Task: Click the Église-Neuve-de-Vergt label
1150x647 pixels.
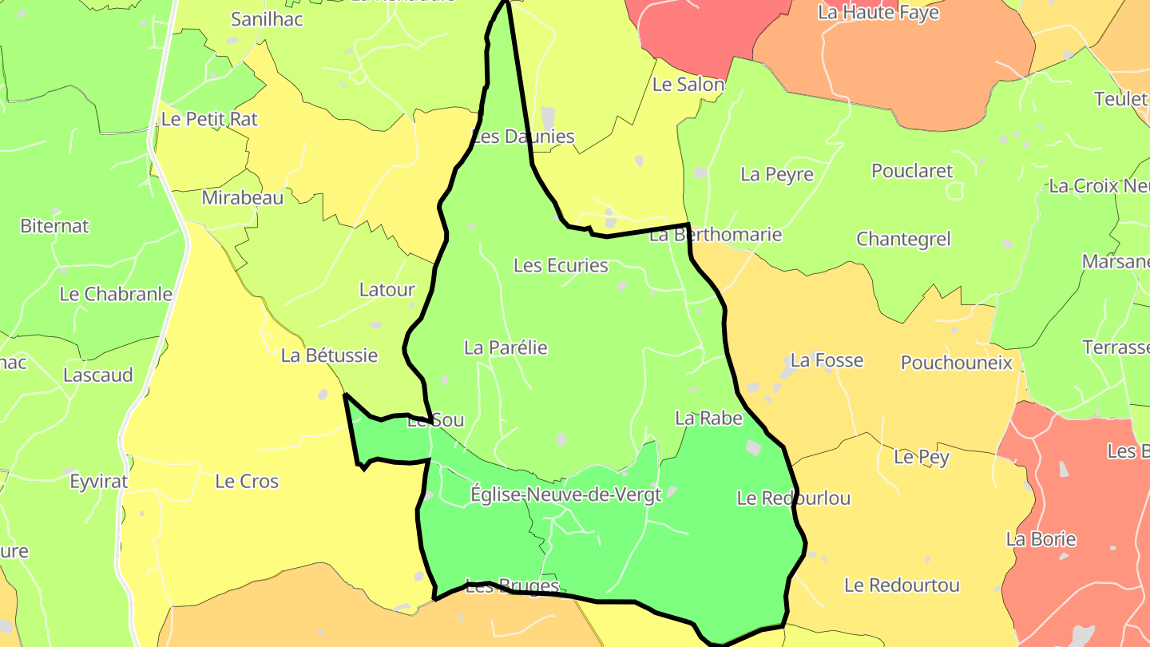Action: coord(565,494)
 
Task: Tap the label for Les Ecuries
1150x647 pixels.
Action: coord(561,265)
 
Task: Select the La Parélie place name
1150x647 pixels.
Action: coord(506,347)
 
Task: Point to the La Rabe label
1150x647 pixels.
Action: coord(708,418)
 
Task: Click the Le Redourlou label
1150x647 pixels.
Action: coord(793,498)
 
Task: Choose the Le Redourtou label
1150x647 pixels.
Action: coord(902,585)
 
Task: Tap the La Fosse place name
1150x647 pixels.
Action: coord(827,360)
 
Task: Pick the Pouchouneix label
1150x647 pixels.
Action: coord(956,363)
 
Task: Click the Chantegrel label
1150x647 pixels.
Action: coord(903,239)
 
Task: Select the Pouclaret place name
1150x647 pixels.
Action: coord(912,171)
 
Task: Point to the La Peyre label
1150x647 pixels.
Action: coord(776,174)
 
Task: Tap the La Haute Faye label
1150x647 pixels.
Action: coord(878,13)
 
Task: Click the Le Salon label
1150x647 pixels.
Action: coord(688,85)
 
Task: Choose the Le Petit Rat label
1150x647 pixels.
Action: coord(209,119)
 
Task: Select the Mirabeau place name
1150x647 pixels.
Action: coord(242,198)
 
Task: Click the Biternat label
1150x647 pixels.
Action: coord(54,226)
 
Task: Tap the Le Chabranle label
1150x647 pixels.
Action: coord(116,294)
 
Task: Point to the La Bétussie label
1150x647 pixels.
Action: coord(329,355)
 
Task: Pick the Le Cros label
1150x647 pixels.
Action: coord(247,482)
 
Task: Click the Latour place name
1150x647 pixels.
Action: coord(387,290)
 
